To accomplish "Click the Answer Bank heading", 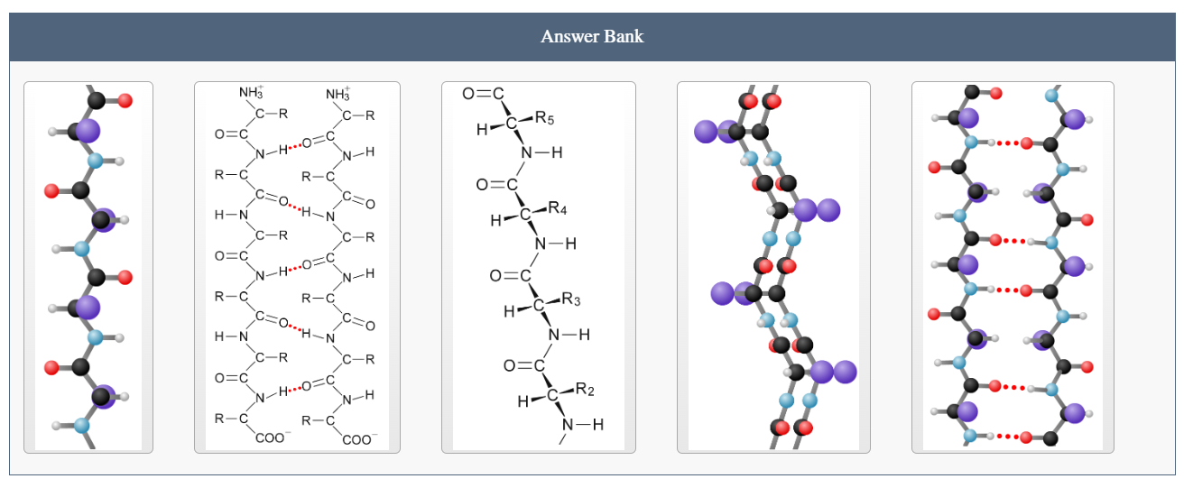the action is click(x=592, y=37).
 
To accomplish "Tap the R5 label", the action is click(x=544, y=117).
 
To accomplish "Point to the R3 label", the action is click(x=570, y=299).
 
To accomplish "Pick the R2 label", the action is click(x=584, y=390).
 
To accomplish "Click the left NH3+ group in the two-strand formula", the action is click(x=251, y=93).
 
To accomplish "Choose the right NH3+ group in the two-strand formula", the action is click(x=338, y=93).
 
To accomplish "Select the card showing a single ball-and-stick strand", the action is click(x=88, y=267).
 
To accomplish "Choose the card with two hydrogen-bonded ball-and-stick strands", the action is click(x=1013, y=267).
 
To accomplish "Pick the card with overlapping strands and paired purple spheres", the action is click(x=773, y=267).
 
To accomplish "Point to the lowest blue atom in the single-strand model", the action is click(x=82, y=425).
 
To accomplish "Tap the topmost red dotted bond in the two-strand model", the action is click(x=1009, y=143).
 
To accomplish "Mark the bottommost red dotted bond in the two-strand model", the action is click(x=1009, y=437).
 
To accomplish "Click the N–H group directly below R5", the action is click(x=541, y=153).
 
